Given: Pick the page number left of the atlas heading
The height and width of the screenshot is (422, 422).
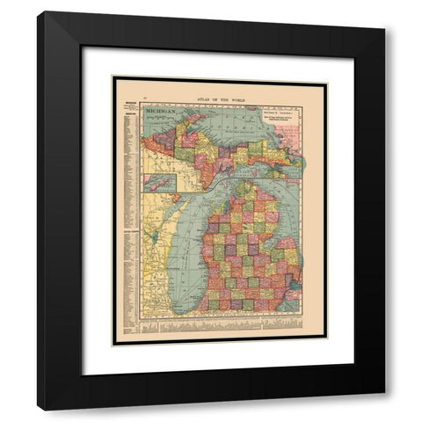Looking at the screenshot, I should pyautogui.click(x=121, y=81).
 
